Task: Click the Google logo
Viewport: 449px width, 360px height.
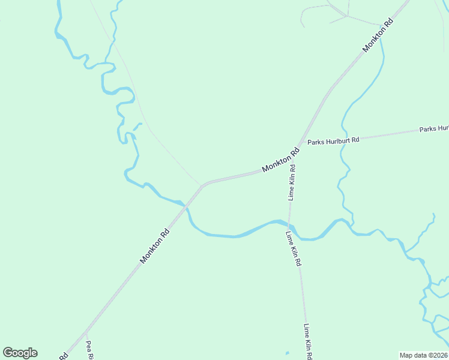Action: (x=20, y=353)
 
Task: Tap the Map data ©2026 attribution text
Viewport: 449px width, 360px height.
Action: (x=423, y=355)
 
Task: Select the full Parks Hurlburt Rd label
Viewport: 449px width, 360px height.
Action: (x=333, y=141)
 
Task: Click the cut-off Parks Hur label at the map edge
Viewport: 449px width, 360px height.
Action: (x=433, y=128)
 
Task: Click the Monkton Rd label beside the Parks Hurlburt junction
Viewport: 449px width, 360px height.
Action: (x=280, y=161)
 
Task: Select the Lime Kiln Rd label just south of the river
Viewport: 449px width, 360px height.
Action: (x=294, y=248)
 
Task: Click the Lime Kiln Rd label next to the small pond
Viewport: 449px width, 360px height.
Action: (x=308, y=341)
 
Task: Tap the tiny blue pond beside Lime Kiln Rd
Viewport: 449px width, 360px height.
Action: (x=288, y=352)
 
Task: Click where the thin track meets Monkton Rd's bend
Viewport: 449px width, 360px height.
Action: (x=202, y=185)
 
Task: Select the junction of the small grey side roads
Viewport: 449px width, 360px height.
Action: (x=347, y=16)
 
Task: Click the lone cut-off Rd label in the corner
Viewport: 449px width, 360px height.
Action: (x=62, y=356)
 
